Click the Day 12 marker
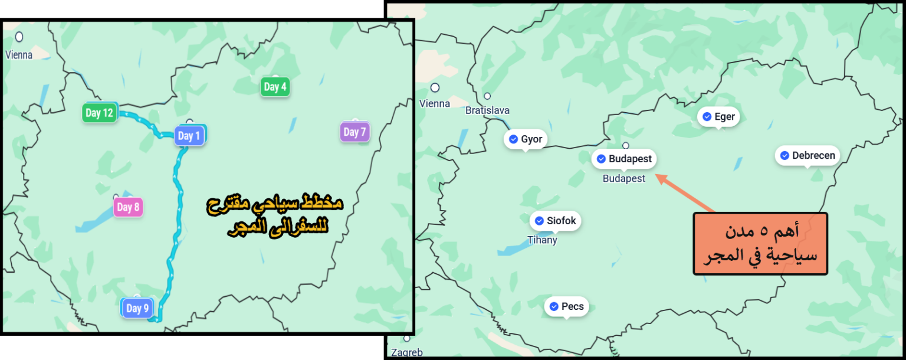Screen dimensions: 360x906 coord(99,113)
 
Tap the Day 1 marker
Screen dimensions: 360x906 coord(189,136)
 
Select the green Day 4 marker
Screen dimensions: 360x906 coord(275,87)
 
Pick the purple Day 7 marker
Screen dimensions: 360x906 coord(354,132)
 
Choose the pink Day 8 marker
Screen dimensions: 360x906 coord(128,207)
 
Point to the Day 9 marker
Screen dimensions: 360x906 coord(137,308)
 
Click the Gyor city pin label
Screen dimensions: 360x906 coord(525,139)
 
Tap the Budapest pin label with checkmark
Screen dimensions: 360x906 coord(623,159)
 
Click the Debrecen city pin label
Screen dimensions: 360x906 coord(807,156)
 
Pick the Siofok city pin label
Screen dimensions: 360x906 coord(555,221)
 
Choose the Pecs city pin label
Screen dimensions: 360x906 coord(566,306)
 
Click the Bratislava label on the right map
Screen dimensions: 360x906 coord(487,110)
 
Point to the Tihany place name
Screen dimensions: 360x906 coord(542,240)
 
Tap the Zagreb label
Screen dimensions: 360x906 coord(406,352)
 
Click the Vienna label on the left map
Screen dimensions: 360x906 coord(19,55)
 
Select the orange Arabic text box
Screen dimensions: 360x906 coord(760,244)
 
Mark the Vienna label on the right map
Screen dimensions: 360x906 coord(435,104)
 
